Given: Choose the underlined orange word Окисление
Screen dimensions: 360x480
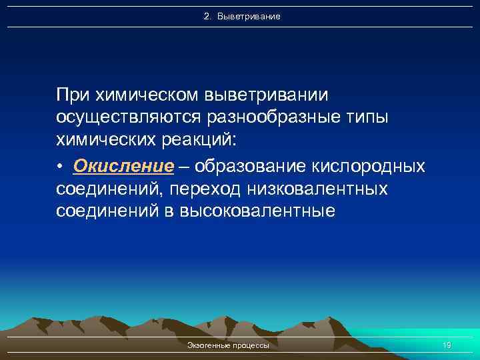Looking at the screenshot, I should (123, 165).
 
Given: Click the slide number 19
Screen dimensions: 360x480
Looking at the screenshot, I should (447, 345).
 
